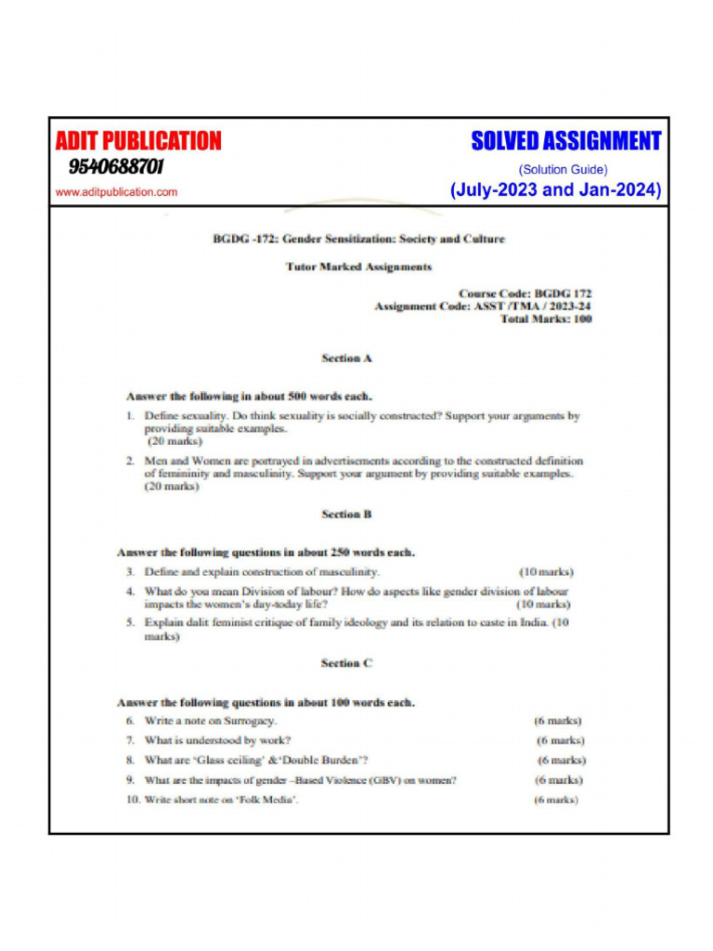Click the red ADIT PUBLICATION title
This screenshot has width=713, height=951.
(x=138, y=141)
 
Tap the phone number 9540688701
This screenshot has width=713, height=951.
(x=116, y=167)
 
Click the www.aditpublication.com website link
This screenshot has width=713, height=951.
(x=116, y=192)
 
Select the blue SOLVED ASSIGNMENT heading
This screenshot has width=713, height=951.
(x=565, y=141)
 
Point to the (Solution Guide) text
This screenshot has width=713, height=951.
(x=564, y=170)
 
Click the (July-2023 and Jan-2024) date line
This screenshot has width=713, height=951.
(x=555, y=190)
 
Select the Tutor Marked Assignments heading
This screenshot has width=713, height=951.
(x=358, y=267)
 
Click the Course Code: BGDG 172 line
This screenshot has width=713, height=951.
(x=525, y=293)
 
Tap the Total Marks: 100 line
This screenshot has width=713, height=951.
(x=546, y=319)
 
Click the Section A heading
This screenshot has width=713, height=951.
(x=346, y=358)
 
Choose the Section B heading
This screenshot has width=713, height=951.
(x=346, y=514)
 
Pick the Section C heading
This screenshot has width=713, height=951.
(x=346, y=663)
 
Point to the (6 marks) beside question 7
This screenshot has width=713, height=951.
(x=560, y=740)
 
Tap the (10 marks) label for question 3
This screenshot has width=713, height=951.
(x=546, y=572)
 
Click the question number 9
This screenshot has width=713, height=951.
(x=131, y=780)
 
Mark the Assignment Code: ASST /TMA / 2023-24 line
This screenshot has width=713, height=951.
(x=483, y=306)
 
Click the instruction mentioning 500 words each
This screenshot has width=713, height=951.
(x=249, y=397)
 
